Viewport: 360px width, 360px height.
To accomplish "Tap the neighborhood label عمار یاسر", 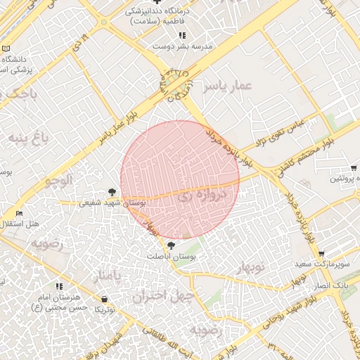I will (227, 86).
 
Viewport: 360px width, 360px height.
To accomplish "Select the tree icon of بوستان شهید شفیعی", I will (112, 191).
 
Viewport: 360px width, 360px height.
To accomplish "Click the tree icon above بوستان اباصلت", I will (172, 245).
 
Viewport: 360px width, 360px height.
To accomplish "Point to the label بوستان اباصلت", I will (172, 257).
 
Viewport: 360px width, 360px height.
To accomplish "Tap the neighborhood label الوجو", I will (59, 179).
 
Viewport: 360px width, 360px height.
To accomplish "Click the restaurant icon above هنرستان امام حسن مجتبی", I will (59, 286).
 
